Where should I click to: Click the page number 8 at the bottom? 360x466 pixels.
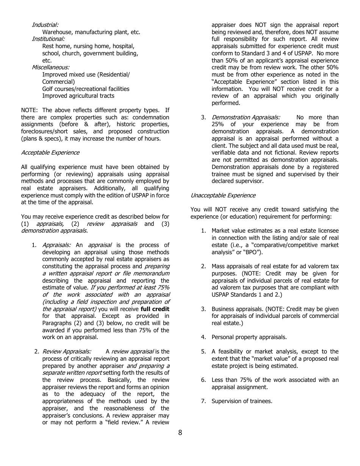click(x=180, y=433)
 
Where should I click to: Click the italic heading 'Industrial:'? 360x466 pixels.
click(x=45, y=25)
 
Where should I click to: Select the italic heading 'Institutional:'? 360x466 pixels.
click(x=48, y=39)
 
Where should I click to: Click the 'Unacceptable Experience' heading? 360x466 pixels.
click(x=223, y=195)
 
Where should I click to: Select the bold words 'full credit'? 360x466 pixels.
click(x=155, y=309)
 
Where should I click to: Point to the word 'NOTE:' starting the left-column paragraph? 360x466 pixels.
click(x=30, y=110)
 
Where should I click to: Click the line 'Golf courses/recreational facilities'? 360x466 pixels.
click(x=86, y=89)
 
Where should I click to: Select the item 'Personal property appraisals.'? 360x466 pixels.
click(x=249, y=337)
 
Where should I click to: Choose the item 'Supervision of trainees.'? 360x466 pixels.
click(x=242, y=401)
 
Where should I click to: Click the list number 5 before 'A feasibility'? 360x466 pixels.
click(x=203, y=352)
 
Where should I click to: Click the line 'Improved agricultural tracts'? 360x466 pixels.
click(x=78, y=96)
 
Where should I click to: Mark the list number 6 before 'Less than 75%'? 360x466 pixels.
click(x=203, y=380)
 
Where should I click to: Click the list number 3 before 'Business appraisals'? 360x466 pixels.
click(x=203, y=309)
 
